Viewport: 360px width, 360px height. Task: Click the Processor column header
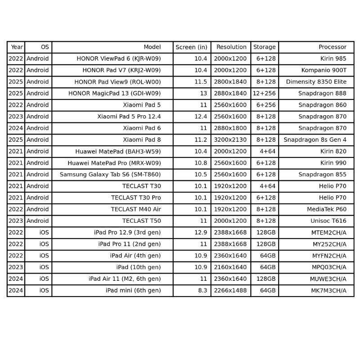click(333, 47)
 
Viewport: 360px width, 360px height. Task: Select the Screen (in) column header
click(191, 47)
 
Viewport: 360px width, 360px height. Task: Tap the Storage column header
click(264, 47)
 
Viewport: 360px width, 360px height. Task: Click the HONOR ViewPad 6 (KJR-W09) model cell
click(118, 58)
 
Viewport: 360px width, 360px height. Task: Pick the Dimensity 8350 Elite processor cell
click(316, 82)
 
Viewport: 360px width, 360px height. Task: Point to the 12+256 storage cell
click(264, 93)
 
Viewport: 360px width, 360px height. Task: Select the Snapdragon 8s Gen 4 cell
click(315, 139)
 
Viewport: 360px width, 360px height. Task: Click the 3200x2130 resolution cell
click(230, 139)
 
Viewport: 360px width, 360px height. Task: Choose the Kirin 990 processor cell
click(333, 163)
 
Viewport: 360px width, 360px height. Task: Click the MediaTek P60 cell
click(327, 209)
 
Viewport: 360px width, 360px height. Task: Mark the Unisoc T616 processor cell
click(328, 221)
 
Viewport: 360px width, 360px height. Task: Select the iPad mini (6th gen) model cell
click(133, 291)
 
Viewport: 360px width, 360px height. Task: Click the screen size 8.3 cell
click(202, 291)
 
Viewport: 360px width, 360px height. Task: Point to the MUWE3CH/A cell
click(328, 279)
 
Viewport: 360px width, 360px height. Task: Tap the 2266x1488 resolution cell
click(230, 291)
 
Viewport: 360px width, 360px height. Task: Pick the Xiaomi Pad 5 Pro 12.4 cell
click(129, 117)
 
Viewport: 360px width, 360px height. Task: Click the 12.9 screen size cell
click(201, 233)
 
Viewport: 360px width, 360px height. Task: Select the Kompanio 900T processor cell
click(324, 70)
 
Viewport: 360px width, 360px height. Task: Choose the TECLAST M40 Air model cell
click(136, 209)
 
